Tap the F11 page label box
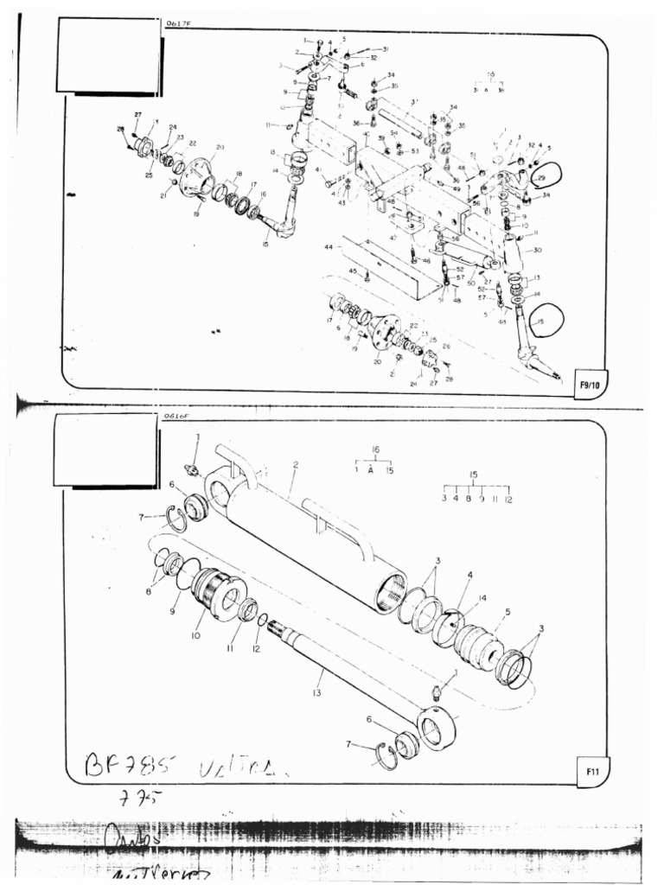click(x=593, y=769)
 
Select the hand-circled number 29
click(x=544, y=177)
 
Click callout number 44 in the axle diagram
click(x=329, y=247)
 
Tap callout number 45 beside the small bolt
click(x=353, y=271)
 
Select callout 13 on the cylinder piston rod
click(x=317, y=693)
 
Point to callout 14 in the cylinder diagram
click(x=482, y=598)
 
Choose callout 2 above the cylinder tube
click(x=295, y=465)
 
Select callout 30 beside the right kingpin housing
click(x=537, y=250)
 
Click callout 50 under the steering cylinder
click(x=471, y=283)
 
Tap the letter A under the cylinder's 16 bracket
click(x=371, y=470)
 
